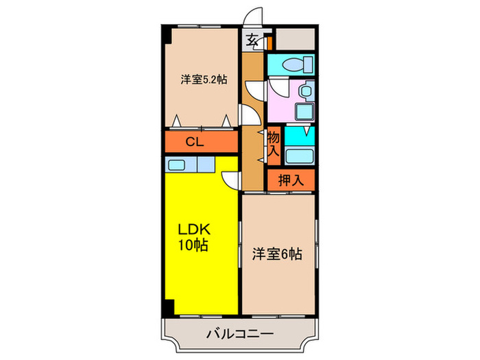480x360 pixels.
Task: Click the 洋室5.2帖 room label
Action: click(204, 80)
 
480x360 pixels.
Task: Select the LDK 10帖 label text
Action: click(194, 237)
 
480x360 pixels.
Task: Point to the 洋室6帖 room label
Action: click(277, 254)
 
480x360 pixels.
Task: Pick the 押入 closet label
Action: click(291, 181)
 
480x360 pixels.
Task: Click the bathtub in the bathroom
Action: click(299, 154)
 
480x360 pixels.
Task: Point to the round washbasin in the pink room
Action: click(307, 89)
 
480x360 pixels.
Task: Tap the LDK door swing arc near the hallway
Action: click(232, 180)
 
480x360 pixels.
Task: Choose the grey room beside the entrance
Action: click(295, 38)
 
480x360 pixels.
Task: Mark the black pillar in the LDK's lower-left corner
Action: click(167, 307)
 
